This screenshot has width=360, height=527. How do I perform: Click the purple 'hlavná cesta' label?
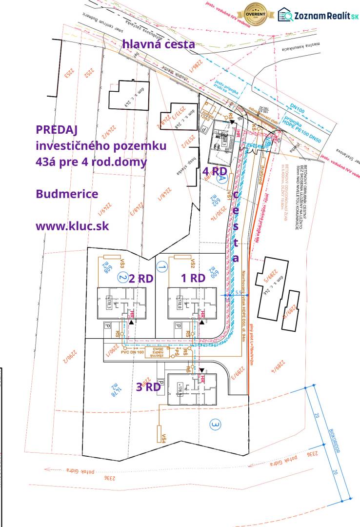tap(159, 44)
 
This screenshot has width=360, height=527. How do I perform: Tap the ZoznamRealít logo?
tap(319, 16)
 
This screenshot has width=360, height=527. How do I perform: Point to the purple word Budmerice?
tap(67, 194)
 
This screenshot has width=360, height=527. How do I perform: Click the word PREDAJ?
tap(57, 130)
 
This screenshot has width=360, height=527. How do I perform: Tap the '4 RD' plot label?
tap(215, 171)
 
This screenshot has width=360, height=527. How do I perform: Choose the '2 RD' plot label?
tap(141, 278)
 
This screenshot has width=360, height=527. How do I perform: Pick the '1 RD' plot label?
tap(193, 278)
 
